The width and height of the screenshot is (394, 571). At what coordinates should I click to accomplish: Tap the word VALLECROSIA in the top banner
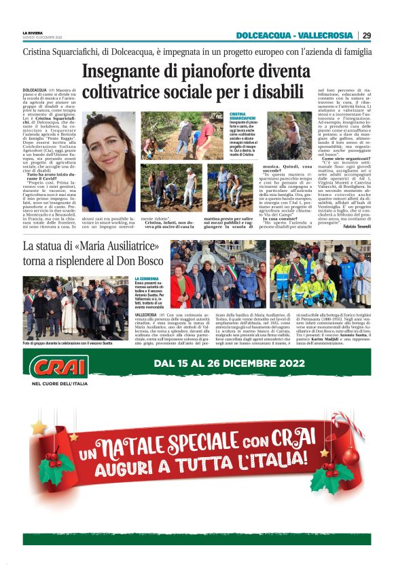(x=326, y=35)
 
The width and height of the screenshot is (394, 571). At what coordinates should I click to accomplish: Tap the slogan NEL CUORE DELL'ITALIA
(x=56, y=384)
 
